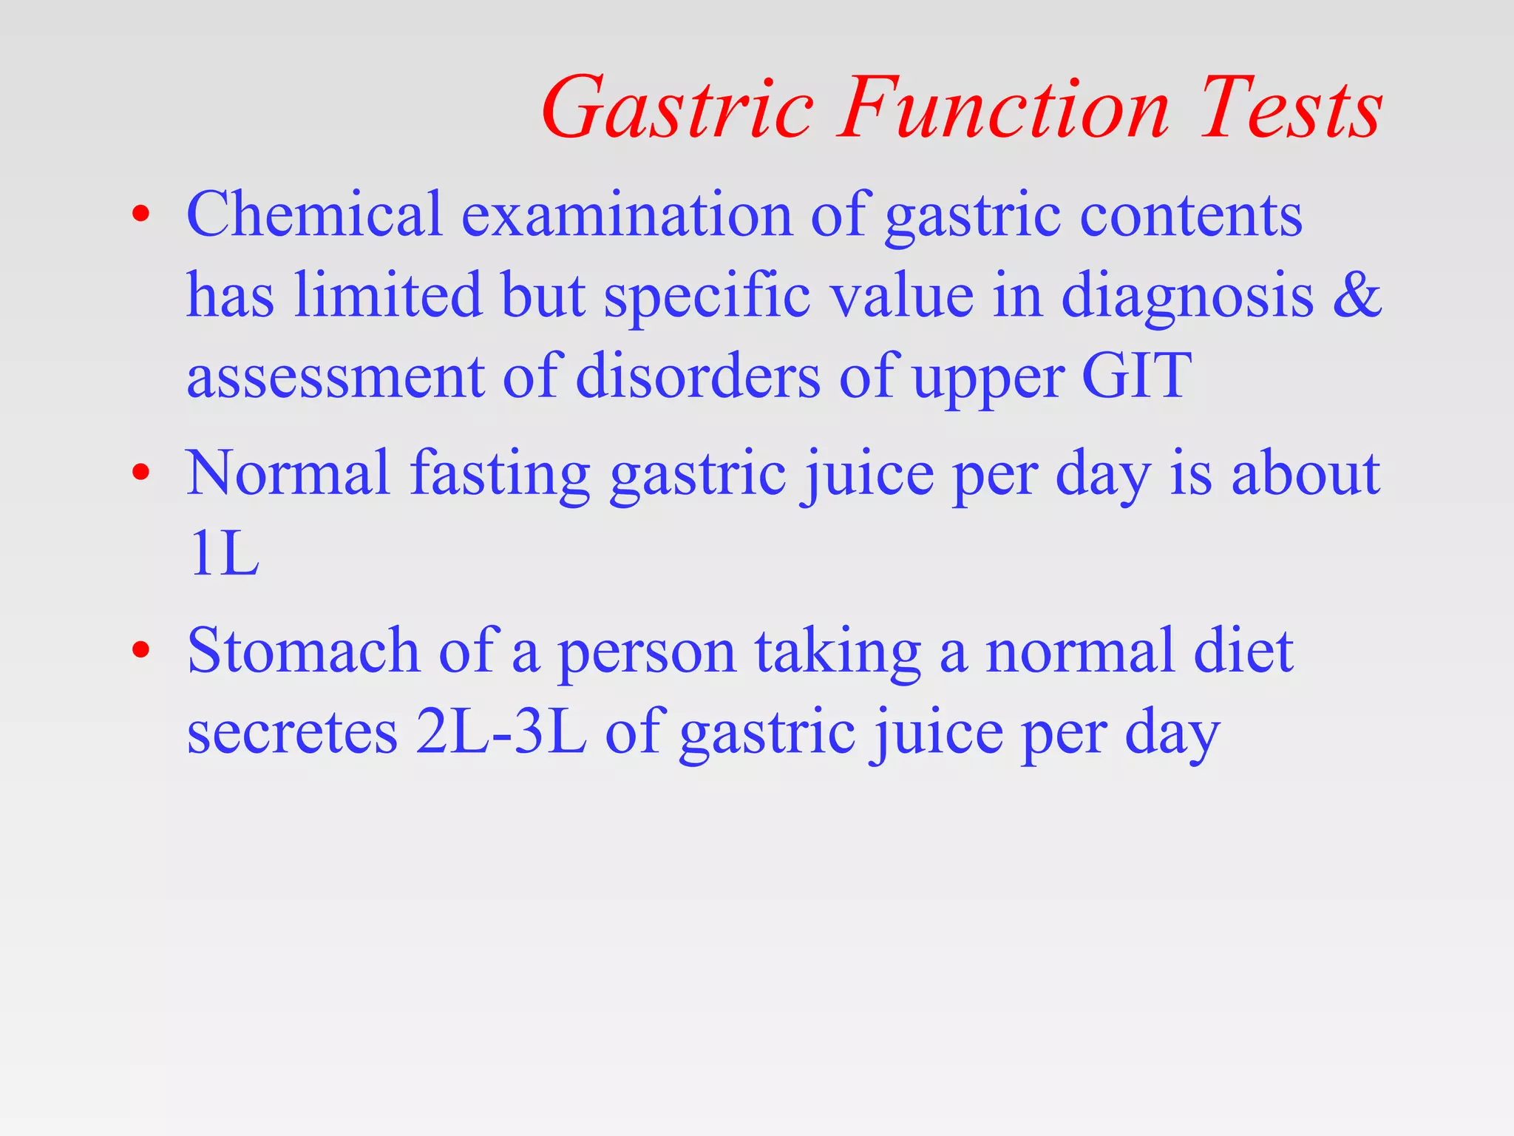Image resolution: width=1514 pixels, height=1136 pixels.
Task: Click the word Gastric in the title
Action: pos(676,109)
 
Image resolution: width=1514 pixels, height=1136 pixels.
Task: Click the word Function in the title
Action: pos(1003,109)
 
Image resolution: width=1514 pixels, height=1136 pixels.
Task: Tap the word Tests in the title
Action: pos(1290,109)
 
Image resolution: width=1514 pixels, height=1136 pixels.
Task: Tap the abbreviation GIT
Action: pos(1136,376)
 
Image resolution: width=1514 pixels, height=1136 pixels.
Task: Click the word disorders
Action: pos(697,376)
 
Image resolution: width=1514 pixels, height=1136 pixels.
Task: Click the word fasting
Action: pos(500,475)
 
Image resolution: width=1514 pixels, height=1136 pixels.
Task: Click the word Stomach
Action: pos(303,651)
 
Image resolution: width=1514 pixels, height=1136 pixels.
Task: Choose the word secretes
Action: pos(292,732)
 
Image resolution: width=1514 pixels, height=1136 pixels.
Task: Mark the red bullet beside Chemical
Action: pos(140,215)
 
